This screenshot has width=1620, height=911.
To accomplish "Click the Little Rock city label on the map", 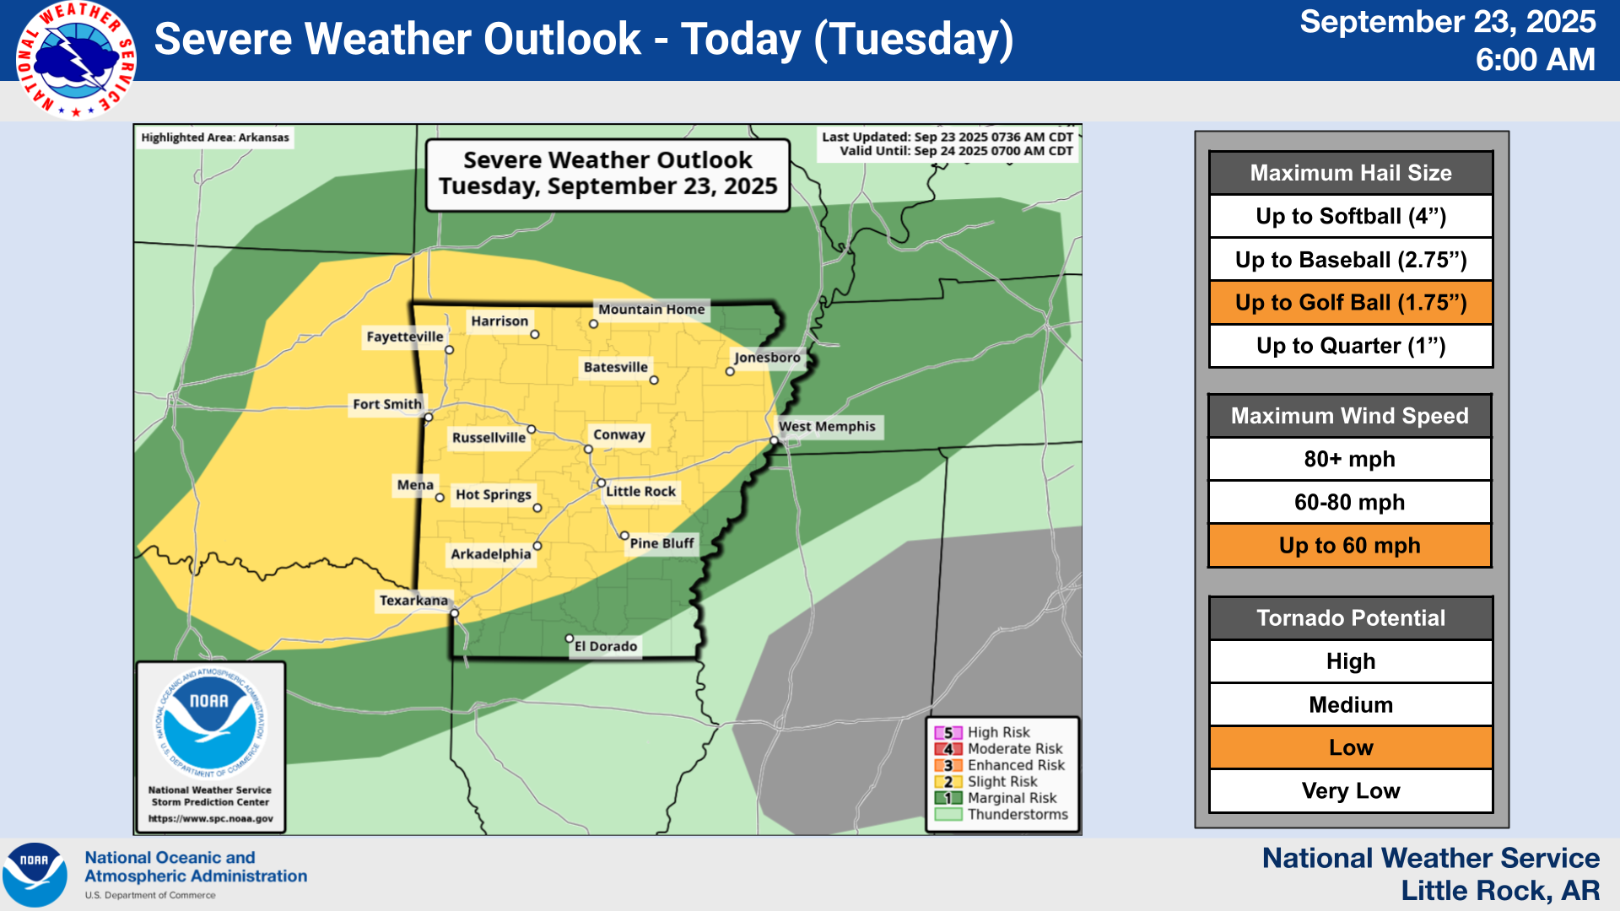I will pos(640,492).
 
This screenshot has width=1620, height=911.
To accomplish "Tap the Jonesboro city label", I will pos(766,358).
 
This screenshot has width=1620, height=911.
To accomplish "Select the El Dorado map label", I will pos(606,646).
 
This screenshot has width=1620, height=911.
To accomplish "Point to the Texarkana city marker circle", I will pos(454,613).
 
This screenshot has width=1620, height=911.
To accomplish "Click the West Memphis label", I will pos(827,427).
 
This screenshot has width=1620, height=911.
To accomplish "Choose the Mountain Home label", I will pos(651,310).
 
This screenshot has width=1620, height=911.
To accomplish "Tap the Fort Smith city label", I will pos(387,405).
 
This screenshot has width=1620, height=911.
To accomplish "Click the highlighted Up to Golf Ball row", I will pos(1351,303).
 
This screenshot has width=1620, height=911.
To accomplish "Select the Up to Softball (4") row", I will pos(1351,217).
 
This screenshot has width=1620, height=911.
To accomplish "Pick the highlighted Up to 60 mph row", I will pos(1350,546).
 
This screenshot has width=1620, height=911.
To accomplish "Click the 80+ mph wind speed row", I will pos(1350,460).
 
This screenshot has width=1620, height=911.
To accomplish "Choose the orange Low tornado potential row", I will pos(1351,748).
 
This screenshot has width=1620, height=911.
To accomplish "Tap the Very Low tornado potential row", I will pos(1351,791).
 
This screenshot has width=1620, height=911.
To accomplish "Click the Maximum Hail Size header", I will pos(1351,173).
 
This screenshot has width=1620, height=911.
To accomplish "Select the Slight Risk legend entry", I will pos(1002,782).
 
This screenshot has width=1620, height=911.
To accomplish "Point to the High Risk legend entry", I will pos(998,733).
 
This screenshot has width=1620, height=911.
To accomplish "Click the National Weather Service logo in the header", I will pos(76,59).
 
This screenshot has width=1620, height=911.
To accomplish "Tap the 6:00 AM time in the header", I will pos(1535,60).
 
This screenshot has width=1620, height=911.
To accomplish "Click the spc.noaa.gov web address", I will pos(211,818).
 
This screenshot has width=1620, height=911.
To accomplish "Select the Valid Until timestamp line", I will pos(956,152).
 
